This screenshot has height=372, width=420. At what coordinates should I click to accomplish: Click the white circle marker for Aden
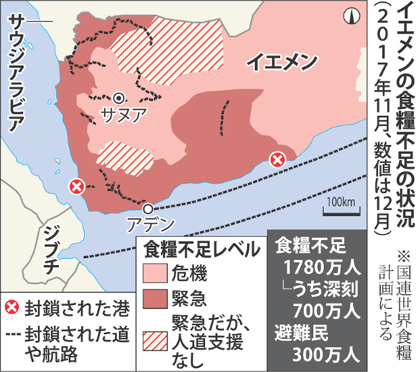tap(149, 208)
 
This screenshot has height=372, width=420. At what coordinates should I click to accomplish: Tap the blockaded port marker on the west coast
tap(77, 186)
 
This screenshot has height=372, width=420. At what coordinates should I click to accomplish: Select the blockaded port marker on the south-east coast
tap(277, 159)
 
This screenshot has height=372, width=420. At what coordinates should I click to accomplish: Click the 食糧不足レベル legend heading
tap(201, 249)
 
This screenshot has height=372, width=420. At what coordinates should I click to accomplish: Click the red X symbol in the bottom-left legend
tap(12, 309)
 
